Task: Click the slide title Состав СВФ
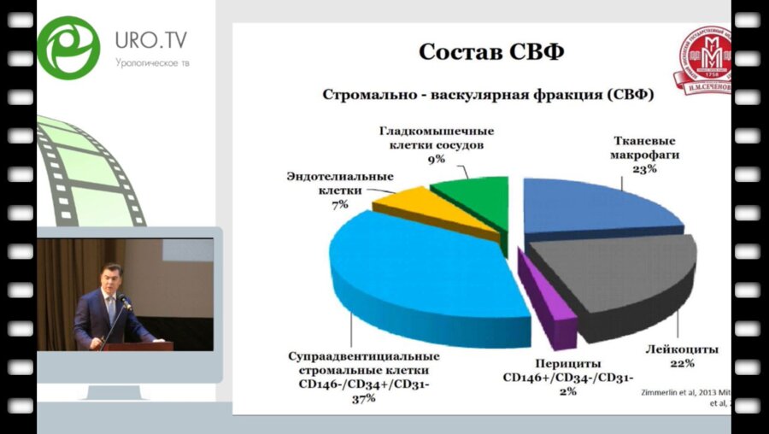[491, 52]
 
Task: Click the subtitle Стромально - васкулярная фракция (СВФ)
[488, 95]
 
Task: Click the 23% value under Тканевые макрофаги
[645, 169]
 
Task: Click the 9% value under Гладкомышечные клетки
[437, 159]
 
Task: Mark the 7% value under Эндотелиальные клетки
[339, 204]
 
